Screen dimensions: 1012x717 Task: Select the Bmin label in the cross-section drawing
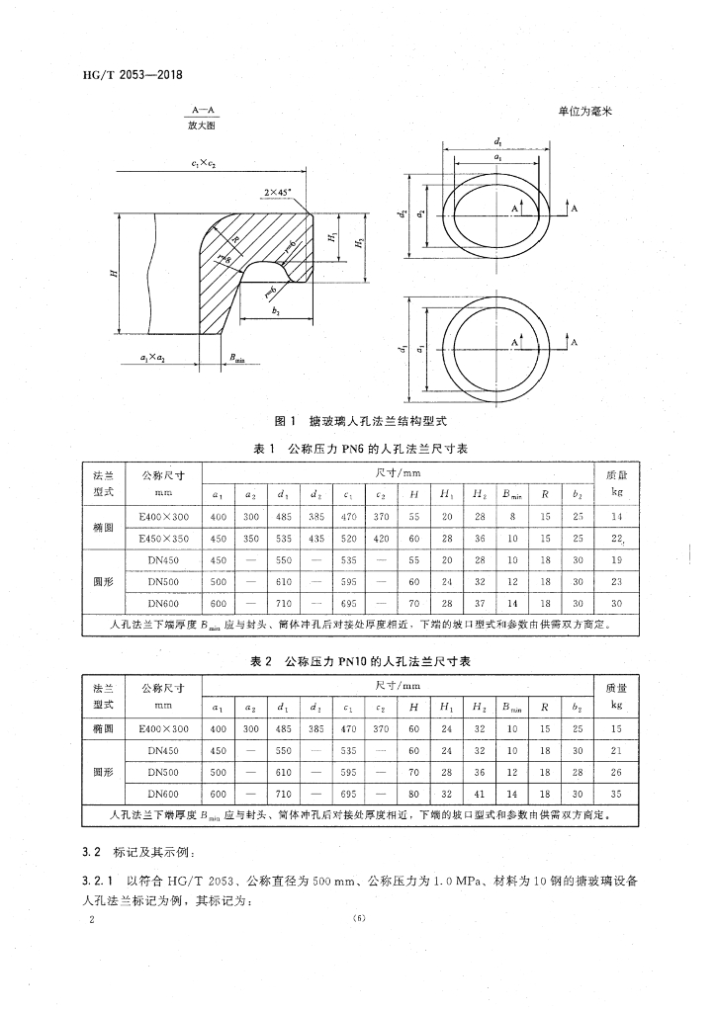235,360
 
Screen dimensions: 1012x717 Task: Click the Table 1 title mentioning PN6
360,449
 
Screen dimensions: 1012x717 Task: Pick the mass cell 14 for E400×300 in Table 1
616,516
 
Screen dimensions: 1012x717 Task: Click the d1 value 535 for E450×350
284,539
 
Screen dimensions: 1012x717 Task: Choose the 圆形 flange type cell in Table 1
103,581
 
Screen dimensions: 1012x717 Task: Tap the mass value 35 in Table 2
616,794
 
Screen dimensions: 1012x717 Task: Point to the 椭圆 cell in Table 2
103,728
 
